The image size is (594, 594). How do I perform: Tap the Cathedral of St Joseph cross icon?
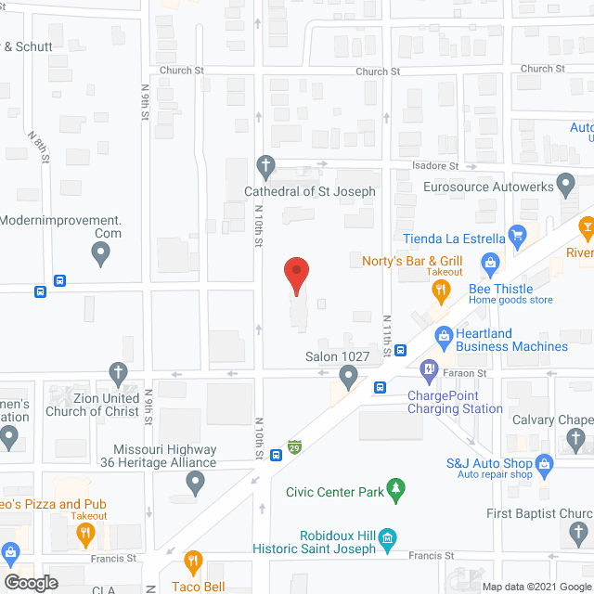click(x=266, y=168)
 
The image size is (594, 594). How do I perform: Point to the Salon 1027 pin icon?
click(x=348, y=376)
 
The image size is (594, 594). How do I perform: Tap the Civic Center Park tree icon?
click(x=396, y=489)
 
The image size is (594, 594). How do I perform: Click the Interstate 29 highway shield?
click(x=295, y=447)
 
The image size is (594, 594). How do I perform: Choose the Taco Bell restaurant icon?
click(x=193, y=561)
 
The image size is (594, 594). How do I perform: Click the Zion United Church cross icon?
click(x=118, y=373)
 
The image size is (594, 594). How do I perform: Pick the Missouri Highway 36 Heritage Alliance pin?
click(x=195, y=483)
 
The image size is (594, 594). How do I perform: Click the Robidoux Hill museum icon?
click(x=388, y=537)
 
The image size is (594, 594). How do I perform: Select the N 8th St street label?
click(x=39, y=146)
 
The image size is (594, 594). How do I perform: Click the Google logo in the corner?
click(x=30, y=583)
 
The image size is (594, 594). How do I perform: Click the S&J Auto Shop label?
click(x=487, y=463)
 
